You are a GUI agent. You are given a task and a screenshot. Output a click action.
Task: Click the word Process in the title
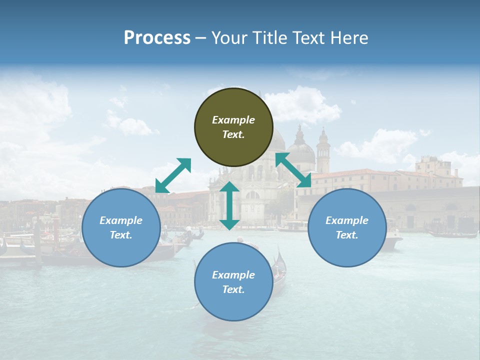pos(157,38)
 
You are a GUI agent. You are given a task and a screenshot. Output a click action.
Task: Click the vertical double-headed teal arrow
pos(229,205)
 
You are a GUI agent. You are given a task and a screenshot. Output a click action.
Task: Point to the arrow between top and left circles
pos(173,175)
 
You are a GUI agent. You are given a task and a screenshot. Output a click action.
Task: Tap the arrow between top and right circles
pos(293,170)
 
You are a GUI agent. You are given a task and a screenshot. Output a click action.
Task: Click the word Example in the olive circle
pos(233,120)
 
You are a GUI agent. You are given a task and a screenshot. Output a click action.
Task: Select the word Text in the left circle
pos(121,235)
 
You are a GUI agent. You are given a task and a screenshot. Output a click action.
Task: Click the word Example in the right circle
pos(347,220)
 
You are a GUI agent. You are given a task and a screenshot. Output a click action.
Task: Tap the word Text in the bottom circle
pos(233,289)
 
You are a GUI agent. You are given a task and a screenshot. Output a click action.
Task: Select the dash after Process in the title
pos(201,38)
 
